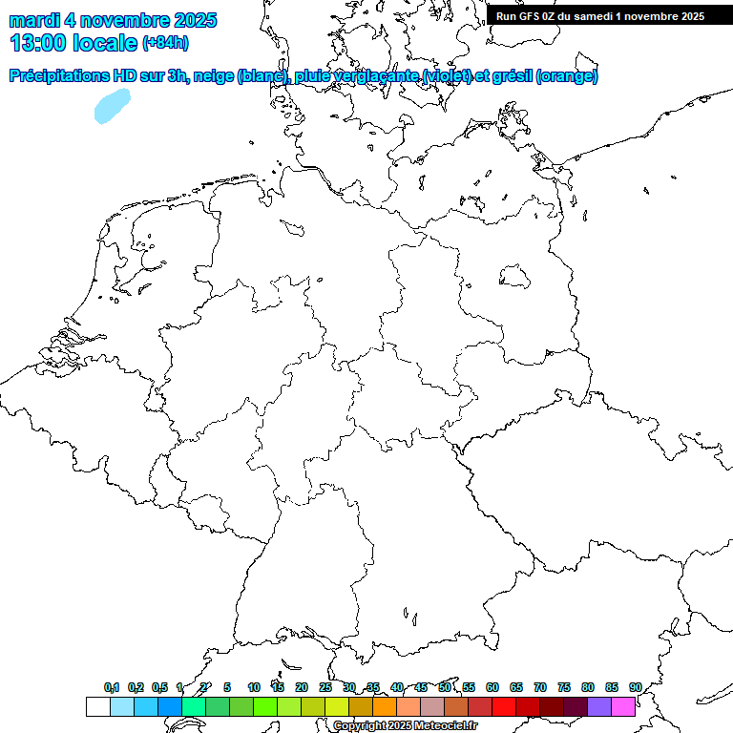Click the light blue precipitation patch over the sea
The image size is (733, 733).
pos(111,107)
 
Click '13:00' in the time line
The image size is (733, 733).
pos(37,43)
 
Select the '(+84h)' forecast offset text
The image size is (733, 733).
pos(165,43)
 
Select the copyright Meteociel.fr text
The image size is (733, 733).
pos(405,725)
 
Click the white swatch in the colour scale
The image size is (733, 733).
pos(97,706)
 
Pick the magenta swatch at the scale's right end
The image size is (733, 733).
pos(623,706)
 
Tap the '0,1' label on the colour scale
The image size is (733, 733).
pos(112,687)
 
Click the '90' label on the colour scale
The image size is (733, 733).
pos(636,687)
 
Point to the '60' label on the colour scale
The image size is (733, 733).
pos(492,687)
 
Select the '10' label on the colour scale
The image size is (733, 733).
pos(254,687)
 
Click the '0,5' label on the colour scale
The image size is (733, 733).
pos(159,687)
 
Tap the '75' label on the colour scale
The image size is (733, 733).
pos(564,687)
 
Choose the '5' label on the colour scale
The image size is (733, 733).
pos(227,687)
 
